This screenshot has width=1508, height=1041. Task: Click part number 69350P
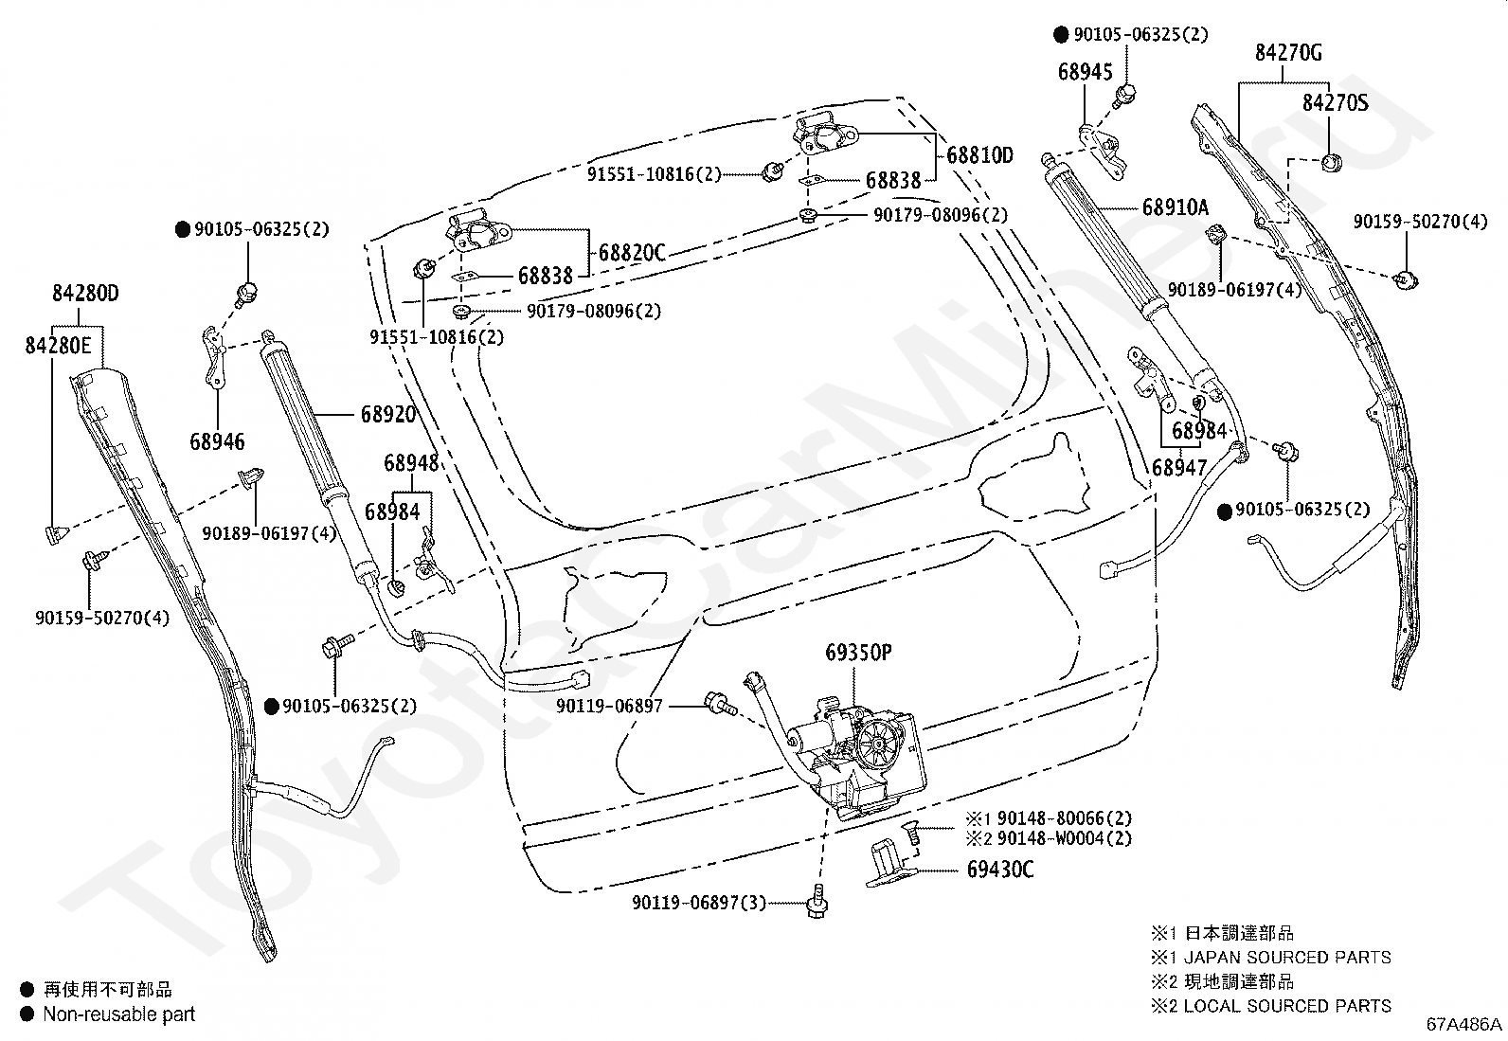pyautogui.click(x=858, y=653)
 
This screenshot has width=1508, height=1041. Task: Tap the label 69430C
pyautogui.click(x=999, y=870)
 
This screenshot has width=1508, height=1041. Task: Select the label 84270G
pyautogui.click(x=1288, y=52)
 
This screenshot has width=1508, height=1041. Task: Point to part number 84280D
pyautogui.click(x=85, y=293)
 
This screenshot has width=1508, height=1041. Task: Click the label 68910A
pyautogui.click(x=1176, y=206)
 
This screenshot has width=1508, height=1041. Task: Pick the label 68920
pyautogui.click(x=388, y=414)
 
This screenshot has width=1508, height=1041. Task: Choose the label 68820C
pyautogui.click(x=632, y=253)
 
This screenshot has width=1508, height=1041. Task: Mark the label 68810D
pyautogui.click(x=979, y=155)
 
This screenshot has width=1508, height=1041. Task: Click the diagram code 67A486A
pyautogui.click(x=1463, y=1024)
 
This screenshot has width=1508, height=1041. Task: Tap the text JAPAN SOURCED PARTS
pyautogui.click(x=1287, y=957)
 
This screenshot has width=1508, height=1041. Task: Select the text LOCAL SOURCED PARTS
pyautogui.click(x=1287, y=1005)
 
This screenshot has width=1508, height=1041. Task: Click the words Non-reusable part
pyautogui.click(x=119, y=1014)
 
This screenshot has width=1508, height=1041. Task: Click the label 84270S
pyautogui.click(x=1335, y=103)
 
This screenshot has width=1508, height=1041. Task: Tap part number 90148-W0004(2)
pyautogui.click(x=1065, y=838)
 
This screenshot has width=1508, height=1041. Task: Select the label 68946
pyautogui.click(x=217, y=441)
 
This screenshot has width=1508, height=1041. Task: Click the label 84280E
pyautogui.click(x=58, y=346)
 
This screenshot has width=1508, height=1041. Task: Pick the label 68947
pyautogui.click(x=1178, y=467)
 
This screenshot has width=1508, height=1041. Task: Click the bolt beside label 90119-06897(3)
pyautogui.click(x=817, y=901)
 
